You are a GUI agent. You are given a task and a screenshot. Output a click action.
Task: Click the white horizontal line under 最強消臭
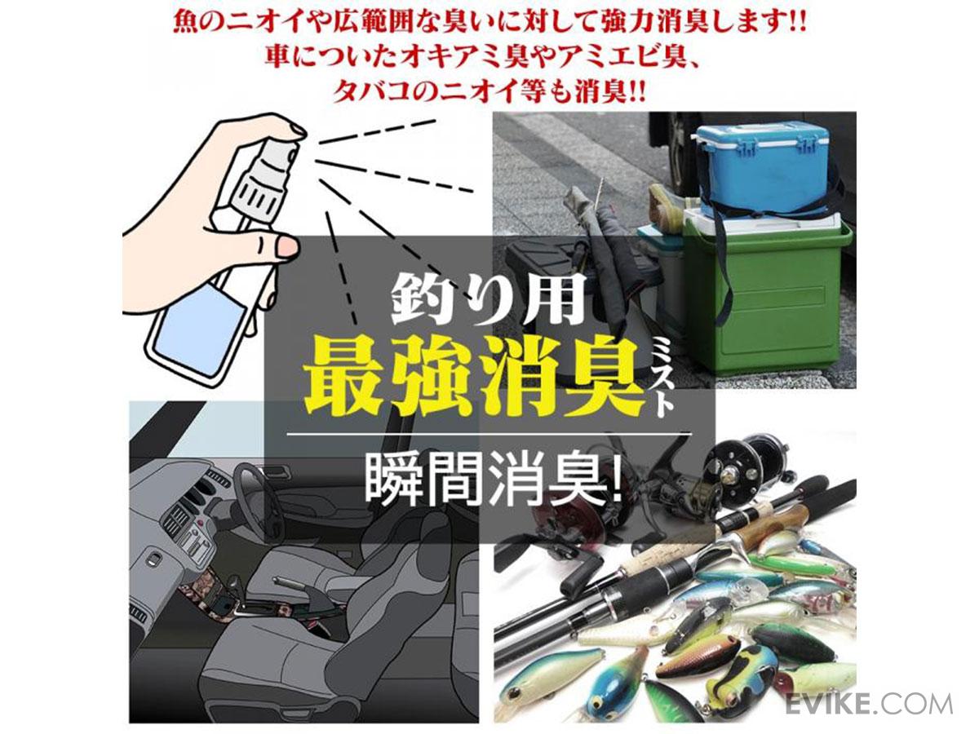[x=489, y=434]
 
